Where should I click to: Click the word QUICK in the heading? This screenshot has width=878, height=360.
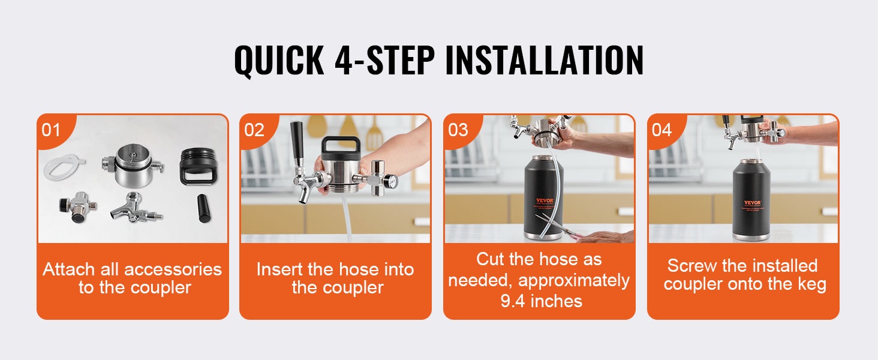pos(279,61)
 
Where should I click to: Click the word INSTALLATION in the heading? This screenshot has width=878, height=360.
pos(545,60)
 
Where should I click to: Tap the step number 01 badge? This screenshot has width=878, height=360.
pos(51,130)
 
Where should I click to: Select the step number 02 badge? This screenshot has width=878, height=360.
pos(254,130)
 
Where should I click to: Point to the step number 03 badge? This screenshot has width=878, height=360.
pos(458,130)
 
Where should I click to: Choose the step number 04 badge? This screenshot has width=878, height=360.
pos(661,130)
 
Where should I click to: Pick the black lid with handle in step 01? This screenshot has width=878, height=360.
pos(198,166)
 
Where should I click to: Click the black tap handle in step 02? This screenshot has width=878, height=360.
pos(297,144)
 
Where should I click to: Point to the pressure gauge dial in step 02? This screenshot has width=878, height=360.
pos(392,181)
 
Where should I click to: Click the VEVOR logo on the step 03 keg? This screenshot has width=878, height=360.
pos(545,200)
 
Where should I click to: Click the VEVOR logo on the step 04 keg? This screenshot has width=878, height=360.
pos(752,203)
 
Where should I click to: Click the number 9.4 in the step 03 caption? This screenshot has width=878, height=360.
pos(512,301)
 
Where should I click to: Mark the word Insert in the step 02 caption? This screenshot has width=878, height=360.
pos(279,269)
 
